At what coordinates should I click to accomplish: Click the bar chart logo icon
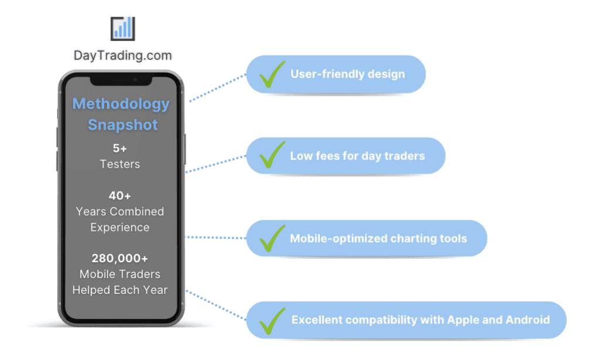tap(122, 28)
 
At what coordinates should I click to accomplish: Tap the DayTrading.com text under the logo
tap(122, 56)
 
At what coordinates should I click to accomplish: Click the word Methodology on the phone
tap(121, 104)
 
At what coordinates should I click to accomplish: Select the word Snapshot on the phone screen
tap(122, 125)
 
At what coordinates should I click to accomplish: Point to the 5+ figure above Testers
tap(120, 148)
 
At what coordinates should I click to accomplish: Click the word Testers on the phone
tap(120, 164)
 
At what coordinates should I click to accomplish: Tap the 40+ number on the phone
tap(120, 196)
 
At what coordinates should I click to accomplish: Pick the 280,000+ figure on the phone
tap(120, 258)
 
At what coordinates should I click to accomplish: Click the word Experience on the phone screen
tap(120, 227)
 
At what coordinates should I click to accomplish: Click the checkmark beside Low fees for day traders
tap(272, 155)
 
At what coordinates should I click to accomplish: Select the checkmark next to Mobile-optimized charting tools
tap(272, 237)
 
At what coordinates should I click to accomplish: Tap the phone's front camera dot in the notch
tap(135, 79)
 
